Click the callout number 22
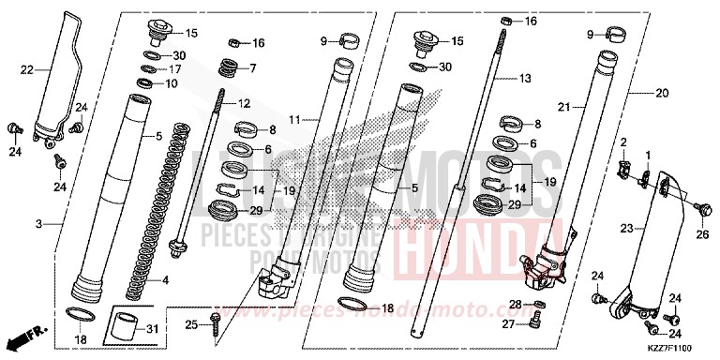click(27, 69)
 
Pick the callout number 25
click(190, 324)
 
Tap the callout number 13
click(525, 79)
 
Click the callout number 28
click(514, 305)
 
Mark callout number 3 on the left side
click(38, 224)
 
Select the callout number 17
click(176, 69)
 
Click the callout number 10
click(172, 83)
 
